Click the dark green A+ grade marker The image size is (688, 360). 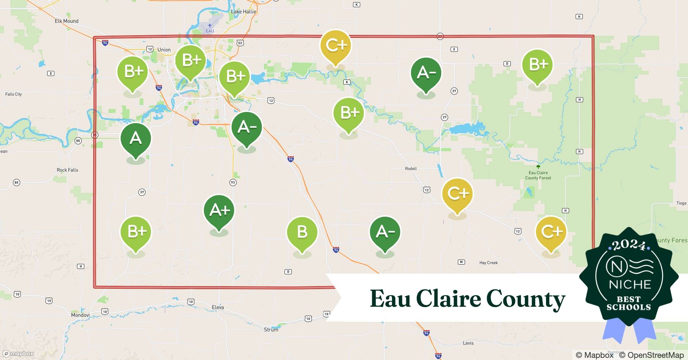[x=219, y=211]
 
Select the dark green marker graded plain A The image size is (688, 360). [x=135, y=139]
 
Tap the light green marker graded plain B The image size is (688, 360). [x=302, y=232]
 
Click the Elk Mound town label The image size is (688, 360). [x=67, y=21]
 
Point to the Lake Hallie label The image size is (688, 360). [x=244, y=12]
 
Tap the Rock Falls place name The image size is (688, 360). [x=67, y=170]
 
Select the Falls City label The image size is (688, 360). [x=13, y=94]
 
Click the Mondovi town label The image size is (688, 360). [x=80, y=315]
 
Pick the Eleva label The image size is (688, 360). [x=218, y=307]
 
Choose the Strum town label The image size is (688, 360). [x=271, y=329]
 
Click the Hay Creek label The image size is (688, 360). [x=488, y=263]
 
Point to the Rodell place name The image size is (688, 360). [x=411, y=168]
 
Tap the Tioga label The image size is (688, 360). [x=681, y=203]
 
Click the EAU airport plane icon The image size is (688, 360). [x=210, y=25]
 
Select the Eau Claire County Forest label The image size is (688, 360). [x=538, y=175]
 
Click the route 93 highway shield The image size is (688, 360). [x=233, y=183]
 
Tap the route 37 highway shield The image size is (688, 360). [x=142, y=192]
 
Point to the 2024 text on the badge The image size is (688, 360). [x=629, y=246]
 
